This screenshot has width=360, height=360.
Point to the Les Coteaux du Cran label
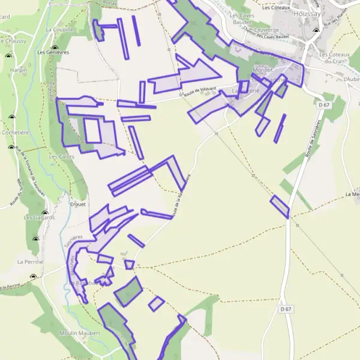335,58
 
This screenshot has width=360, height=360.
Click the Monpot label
263,70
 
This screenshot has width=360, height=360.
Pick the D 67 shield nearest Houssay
325,105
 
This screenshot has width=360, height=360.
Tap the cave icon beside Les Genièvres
55,47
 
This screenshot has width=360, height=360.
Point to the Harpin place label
19,70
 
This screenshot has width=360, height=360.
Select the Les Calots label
62,157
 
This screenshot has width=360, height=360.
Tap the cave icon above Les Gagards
44,212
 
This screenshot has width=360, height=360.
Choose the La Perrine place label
28,262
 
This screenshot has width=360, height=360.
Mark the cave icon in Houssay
316,31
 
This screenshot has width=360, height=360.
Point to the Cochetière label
16,133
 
